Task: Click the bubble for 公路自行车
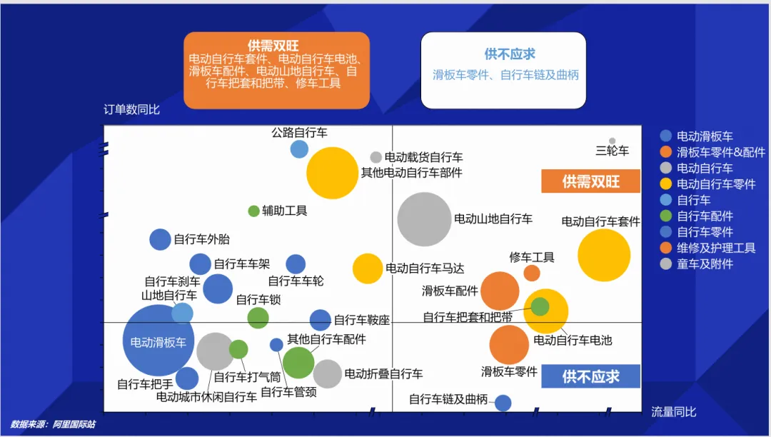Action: pos(299,149)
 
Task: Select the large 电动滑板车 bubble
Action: pos(158,341)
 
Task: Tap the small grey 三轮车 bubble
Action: pos(612,141)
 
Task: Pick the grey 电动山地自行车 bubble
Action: pos(425,219)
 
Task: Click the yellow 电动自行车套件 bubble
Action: pos(604,255)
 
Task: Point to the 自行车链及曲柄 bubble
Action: pos(503,403)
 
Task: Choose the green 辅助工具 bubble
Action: pos(253,211)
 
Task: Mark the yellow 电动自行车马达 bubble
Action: pos(368,268)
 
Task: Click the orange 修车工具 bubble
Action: pos(532,273)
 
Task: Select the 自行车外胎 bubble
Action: pos(160,239)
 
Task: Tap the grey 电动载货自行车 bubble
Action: pos(376,157)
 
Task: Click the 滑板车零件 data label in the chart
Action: pos(509,372)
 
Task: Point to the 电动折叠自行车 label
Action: pos(383,373)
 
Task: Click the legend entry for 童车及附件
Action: pos(705,263)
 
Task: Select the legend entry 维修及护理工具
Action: pos(716,248)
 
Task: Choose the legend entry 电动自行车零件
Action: pos(716,184)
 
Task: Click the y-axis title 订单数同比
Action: pos(131,110)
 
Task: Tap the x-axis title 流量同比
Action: pos(673,412)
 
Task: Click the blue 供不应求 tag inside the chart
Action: pos(590,376)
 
